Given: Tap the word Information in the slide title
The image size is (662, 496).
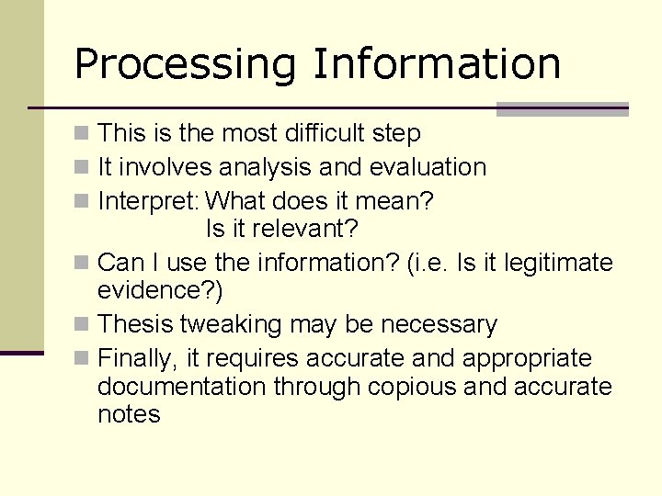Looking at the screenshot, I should point(436,63).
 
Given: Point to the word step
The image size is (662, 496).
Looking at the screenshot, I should point(396,134).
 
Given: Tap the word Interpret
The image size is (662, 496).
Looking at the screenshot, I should point(148,200).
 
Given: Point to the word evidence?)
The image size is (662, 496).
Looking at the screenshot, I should point(160,290).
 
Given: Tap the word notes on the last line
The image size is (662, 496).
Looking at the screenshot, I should point(129,414).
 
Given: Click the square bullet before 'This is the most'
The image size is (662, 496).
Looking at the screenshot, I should point(82,134).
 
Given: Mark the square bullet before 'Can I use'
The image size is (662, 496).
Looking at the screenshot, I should point(82,264).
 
